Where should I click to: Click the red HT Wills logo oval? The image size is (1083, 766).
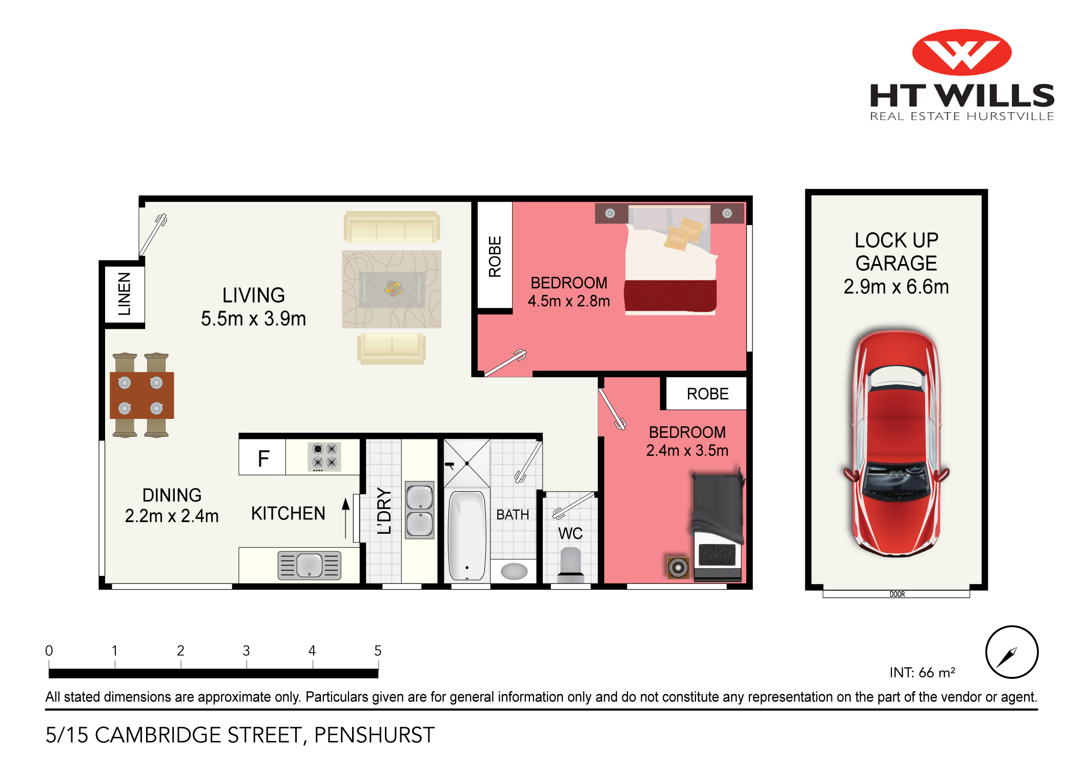(962, 52)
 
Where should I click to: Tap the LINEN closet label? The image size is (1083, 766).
(125, 294)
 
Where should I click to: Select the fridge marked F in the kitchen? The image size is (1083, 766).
(262, 458)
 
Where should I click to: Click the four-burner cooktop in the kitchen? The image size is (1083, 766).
(324, 456)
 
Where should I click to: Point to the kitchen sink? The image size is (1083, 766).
(309, 565)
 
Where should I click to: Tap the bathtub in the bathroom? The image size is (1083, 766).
(467, 535)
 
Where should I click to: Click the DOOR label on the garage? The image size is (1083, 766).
(897, 594)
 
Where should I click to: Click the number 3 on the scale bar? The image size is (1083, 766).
(246, 651)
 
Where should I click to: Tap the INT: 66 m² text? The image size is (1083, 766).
(922, 672)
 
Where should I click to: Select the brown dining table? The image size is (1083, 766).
(141, 395)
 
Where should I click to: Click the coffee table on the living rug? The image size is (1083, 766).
(392, 289)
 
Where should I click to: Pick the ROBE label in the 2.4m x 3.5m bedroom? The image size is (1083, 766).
(707, 394)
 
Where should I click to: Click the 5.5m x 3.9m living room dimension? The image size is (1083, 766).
(253, 319)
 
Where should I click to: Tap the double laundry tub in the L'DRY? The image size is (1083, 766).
(419, 510)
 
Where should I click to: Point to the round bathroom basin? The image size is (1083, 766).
(514, 571)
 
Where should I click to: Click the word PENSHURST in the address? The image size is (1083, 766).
(374, 735)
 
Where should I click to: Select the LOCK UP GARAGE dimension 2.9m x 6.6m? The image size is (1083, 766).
(896, 287)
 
